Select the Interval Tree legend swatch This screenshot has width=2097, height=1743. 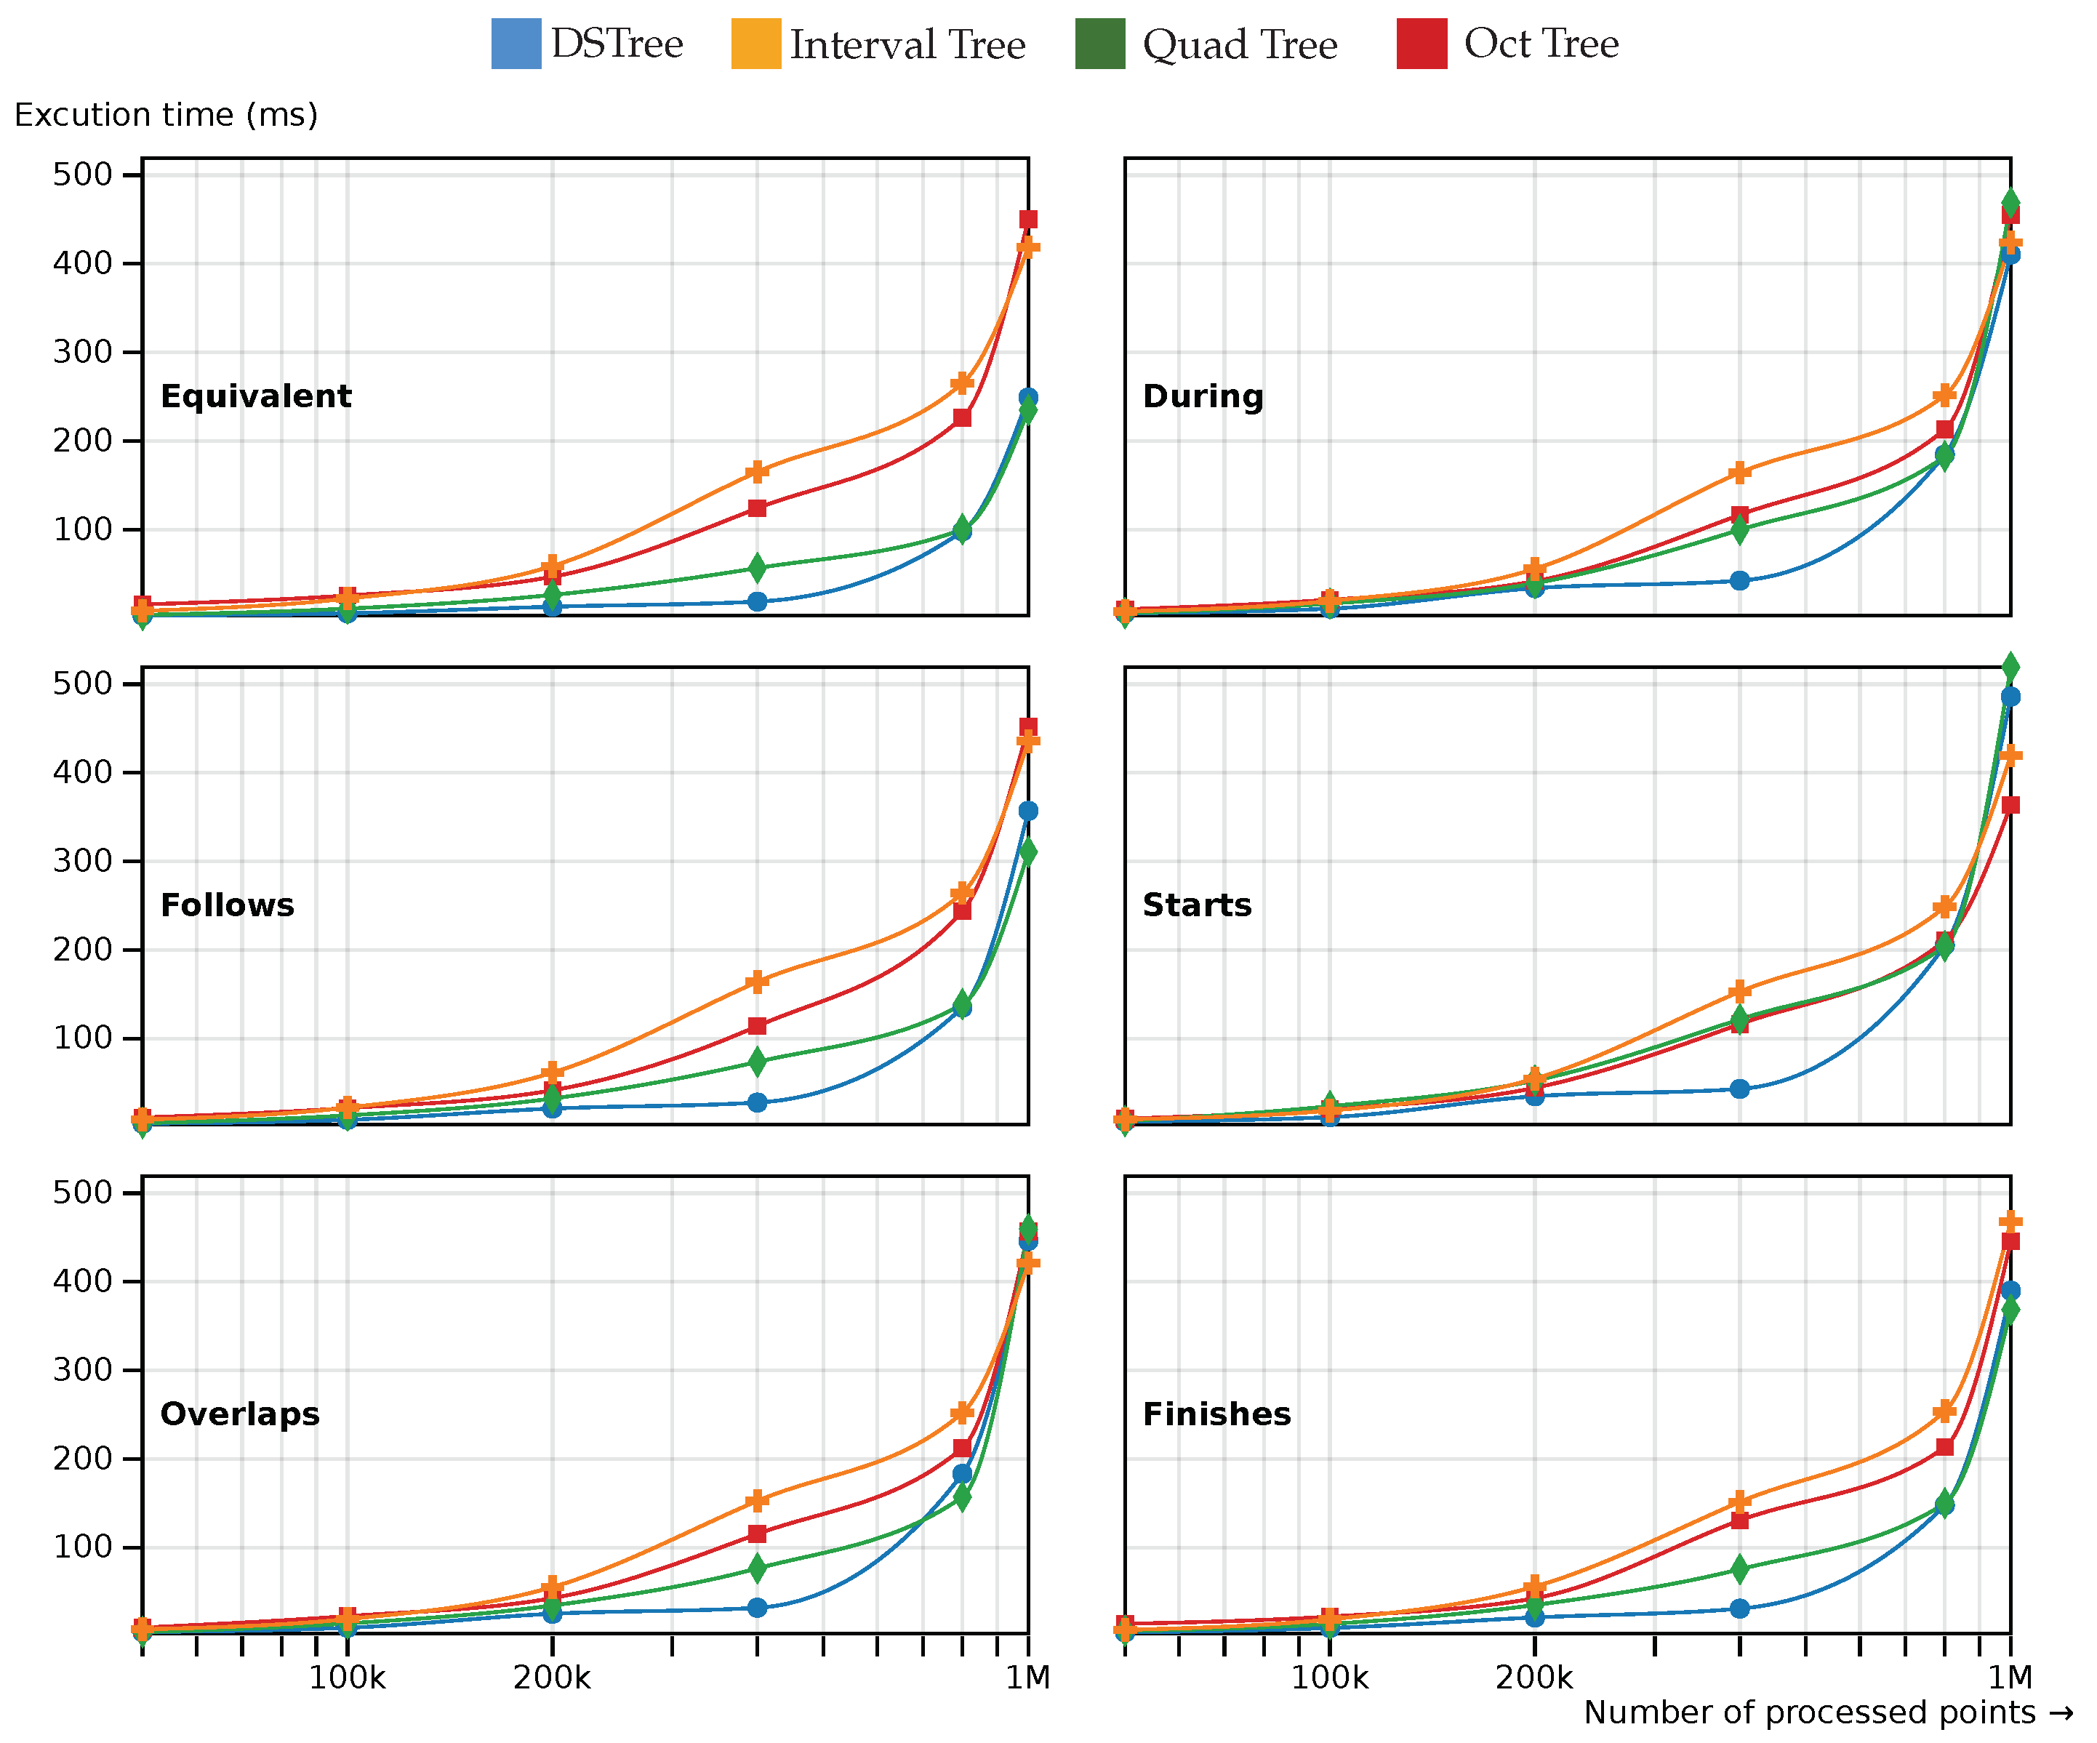756,44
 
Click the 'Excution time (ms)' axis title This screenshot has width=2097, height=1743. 166,115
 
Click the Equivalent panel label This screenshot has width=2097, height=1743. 256,396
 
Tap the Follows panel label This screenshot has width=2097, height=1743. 227,905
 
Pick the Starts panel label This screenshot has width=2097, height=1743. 1196,905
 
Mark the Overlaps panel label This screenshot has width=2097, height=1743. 240,1414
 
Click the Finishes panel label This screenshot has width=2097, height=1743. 1216,1414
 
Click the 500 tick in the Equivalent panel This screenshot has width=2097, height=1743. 83,175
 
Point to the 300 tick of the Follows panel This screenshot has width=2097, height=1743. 83,861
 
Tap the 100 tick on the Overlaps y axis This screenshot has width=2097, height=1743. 83,1547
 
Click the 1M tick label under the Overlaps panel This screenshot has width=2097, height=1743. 1027,1678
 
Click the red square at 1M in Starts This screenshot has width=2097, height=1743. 2010,805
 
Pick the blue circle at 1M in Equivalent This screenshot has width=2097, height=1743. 1027,398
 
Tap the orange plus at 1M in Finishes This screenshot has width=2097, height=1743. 2010,1222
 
